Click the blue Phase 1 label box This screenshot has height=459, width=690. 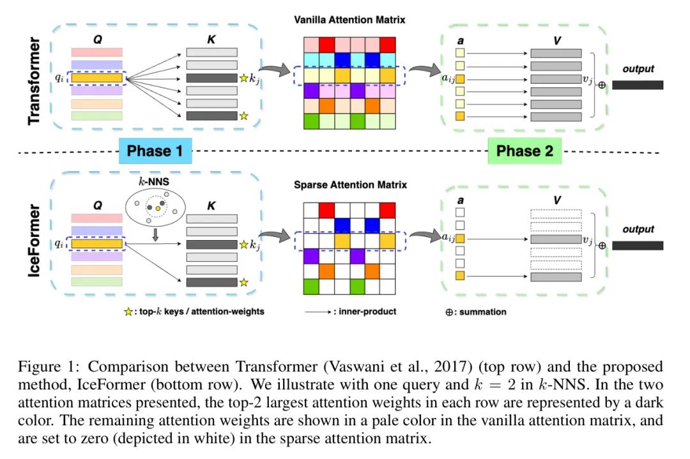coord(155,151)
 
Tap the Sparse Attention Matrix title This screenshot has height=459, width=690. coord(349,185)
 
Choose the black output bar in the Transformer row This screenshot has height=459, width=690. coord(638,85)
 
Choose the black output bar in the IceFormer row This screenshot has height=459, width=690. coord(638,245)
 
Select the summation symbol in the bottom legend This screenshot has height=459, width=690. coord(449,312)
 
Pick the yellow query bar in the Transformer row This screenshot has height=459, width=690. coord(97,79)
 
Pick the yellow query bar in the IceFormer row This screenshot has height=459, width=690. coord(97,243)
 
